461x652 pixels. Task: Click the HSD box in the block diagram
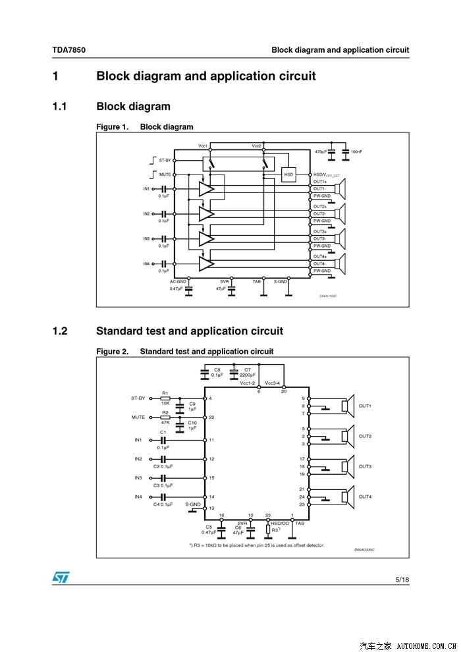pos(288,175)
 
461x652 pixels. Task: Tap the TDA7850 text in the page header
pos(69,50)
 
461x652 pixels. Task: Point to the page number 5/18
pos(402,580)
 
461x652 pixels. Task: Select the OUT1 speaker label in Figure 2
pos(365,406)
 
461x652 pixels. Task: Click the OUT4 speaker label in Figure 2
pos(365,497)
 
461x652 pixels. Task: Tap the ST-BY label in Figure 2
pos(138,398)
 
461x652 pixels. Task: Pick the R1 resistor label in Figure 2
pos(165,393)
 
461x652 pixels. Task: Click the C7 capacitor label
pos(247,369)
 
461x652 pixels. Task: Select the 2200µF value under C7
pos(248,375)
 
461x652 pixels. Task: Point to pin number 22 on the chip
pos(211,418)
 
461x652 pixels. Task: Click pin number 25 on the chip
pos(268,515)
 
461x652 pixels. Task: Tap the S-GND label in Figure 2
pos(193,504)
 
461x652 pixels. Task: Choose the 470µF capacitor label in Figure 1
pos(321,151)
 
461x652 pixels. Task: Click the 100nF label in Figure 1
pos(356,151)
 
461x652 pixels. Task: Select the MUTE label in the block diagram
pos(165,175)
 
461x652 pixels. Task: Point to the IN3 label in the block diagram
pos(147,238)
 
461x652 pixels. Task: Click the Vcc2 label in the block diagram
pos(256,145)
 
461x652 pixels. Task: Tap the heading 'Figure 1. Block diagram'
pos(145,127)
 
